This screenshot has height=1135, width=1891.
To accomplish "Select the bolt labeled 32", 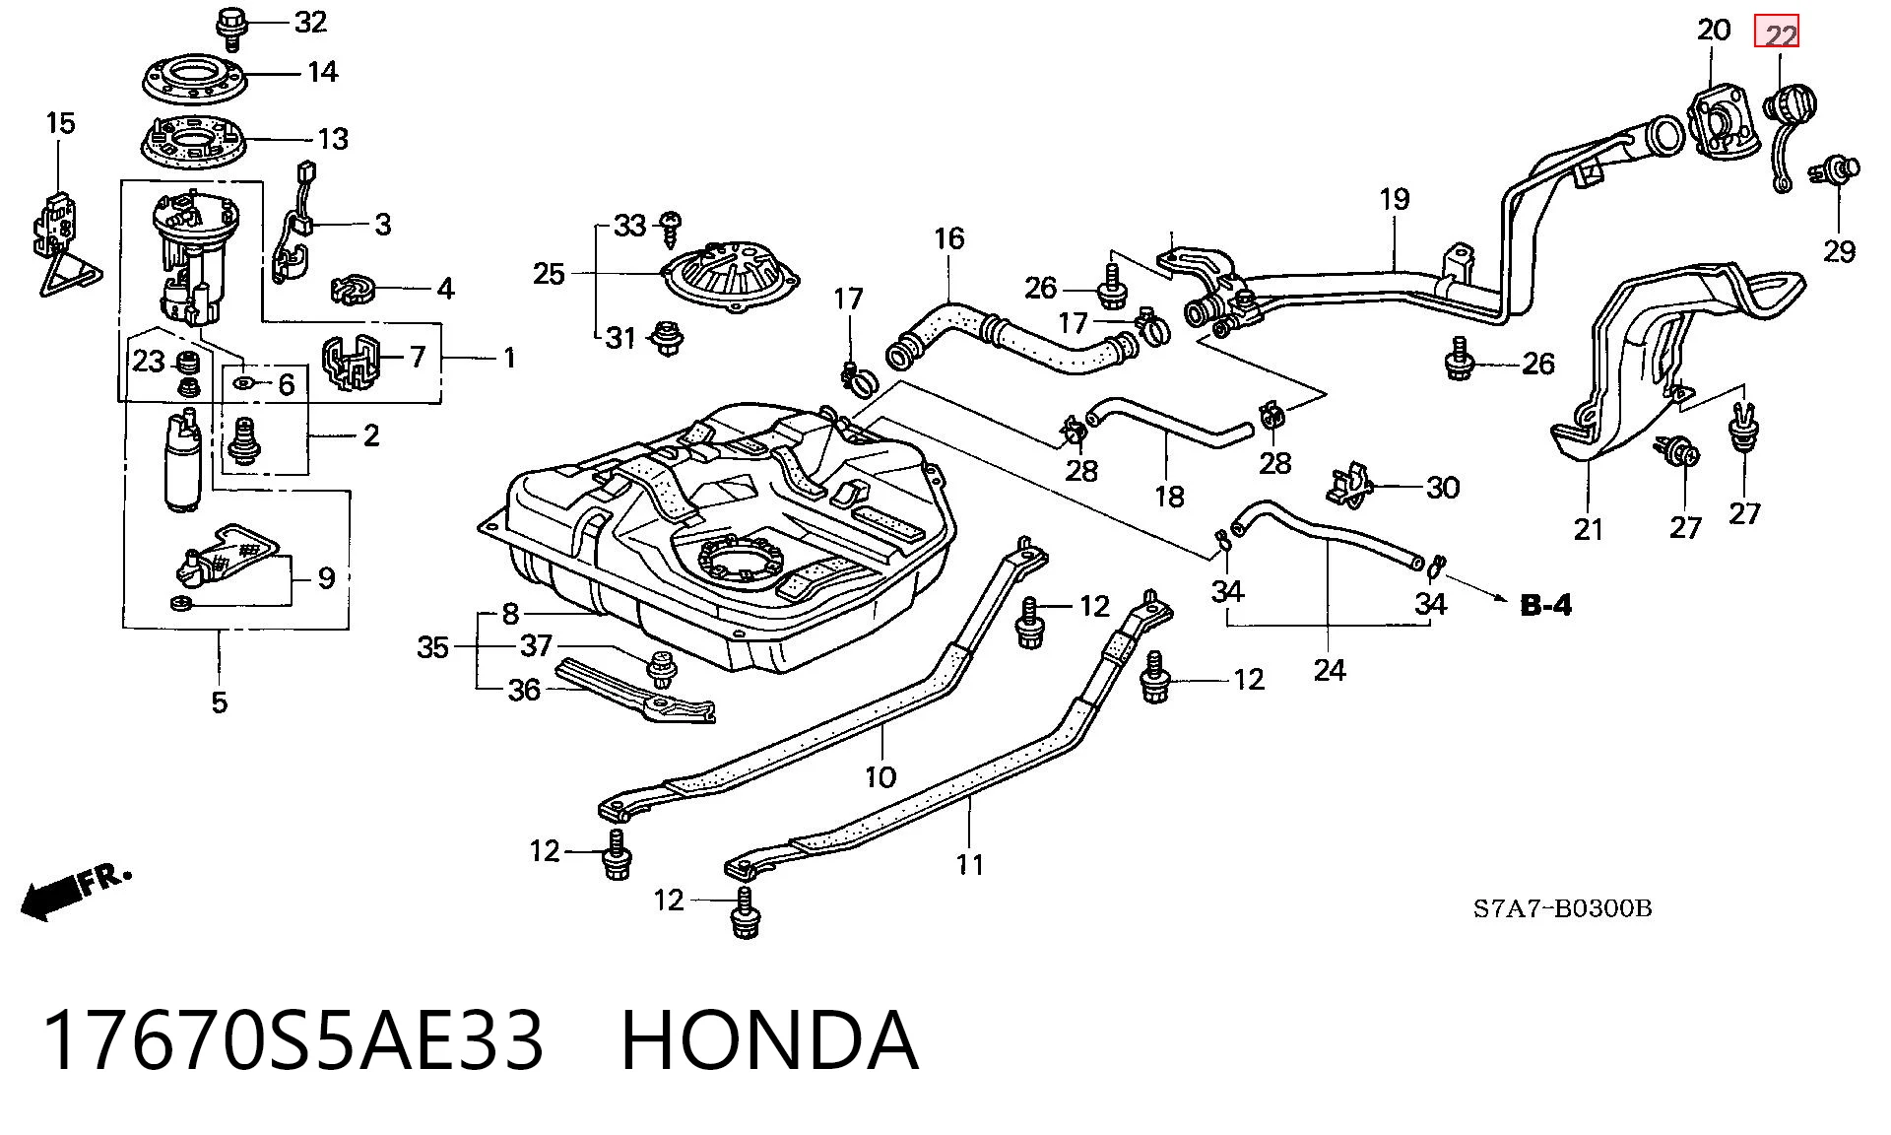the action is pos(231,27).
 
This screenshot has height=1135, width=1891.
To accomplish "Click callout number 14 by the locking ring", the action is pos(323,72).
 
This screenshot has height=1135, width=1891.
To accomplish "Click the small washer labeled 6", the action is pos(244,381).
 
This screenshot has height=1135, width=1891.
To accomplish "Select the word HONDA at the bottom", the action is pos(770,1041).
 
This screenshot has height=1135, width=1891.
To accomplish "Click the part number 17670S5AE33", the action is pos(293,1041).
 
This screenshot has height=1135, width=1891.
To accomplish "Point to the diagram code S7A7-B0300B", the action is pos(1562,908).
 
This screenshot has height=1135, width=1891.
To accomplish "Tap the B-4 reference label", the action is pos(1546,605).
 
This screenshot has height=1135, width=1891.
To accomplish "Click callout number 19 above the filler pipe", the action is pos(1395,199).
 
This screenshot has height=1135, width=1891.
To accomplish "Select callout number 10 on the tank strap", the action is pos(880,777).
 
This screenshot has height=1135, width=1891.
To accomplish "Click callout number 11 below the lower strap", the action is pos(970,865).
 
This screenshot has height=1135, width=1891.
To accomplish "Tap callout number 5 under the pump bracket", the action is pos(219,702).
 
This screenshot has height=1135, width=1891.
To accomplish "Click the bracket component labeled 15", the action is pos(66,243).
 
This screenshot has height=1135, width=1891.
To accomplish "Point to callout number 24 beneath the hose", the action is pos(1330,671).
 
